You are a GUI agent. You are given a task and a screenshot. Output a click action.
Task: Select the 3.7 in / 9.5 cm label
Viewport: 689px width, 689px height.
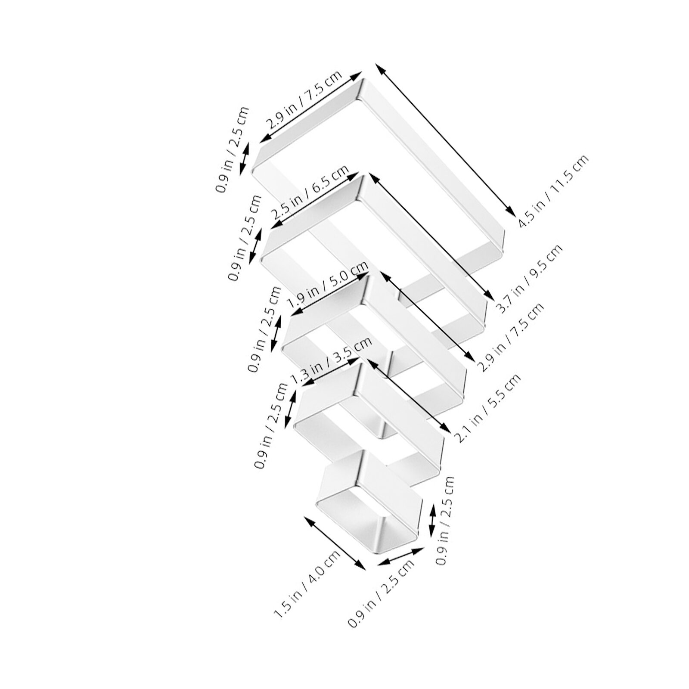(529, 279)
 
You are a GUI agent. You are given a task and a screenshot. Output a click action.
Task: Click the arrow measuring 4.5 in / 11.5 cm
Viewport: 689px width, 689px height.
(445, 139)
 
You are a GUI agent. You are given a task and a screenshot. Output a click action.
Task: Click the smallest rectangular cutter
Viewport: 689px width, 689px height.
(369, 502)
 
